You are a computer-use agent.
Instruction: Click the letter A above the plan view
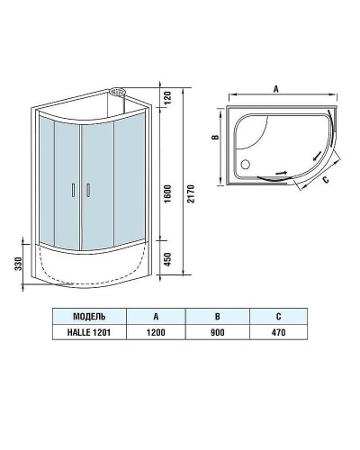(x=274, y=88)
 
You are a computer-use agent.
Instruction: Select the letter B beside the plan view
(x=214, y=139)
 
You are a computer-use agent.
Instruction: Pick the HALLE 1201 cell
(x=88, y=334)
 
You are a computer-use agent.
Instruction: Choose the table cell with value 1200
(x=156, y=334)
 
